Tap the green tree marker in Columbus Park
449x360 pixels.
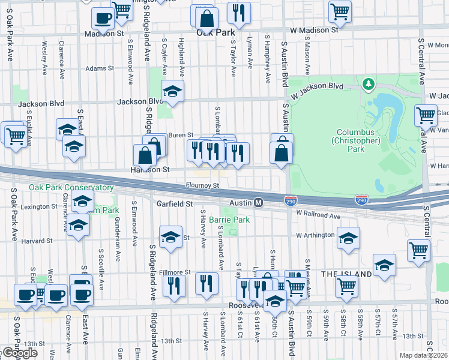[367, 85]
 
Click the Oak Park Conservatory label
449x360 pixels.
[71, 187]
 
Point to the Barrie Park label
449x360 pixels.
[233, 220]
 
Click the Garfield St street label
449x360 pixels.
[174, 203]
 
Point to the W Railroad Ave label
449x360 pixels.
[318, 216]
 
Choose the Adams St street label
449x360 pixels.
[99, 69]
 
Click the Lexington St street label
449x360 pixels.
[38, 206]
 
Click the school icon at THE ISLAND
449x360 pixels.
[384, 265]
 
